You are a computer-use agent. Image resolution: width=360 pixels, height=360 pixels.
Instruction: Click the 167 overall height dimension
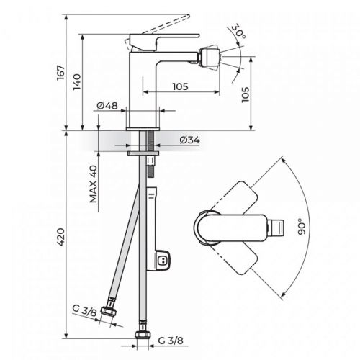tap(63, 73)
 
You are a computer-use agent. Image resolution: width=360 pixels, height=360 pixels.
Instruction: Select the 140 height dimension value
tap(81, 83)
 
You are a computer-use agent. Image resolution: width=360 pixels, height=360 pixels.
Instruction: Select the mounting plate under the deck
tap(144, 152)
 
